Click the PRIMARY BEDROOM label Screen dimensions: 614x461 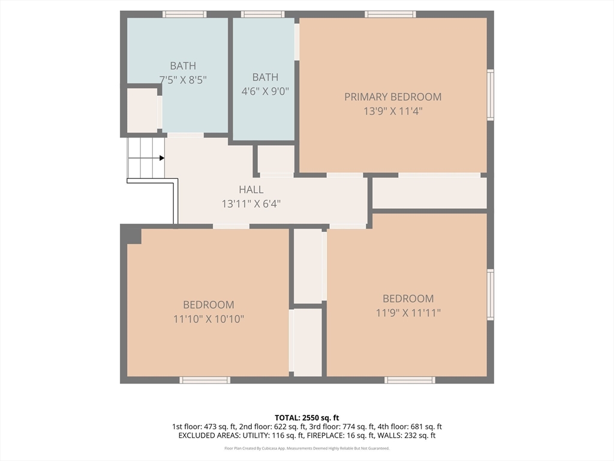click(x=393, y=97)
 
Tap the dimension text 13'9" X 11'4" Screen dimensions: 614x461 click(x=393, y=111)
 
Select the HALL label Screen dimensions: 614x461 click(x=251, y=190)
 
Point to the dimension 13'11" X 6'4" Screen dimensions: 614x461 click(x=251, y=204)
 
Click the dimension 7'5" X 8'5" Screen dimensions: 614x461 click(x=183, y=80)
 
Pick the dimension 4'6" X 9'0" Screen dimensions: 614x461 click(x=265, y=91)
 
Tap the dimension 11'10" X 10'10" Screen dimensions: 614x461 click(x=209, y=319)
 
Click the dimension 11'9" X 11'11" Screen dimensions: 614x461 click(x=408, y=313)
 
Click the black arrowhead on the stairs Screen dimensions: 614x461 click(x=162, y=158)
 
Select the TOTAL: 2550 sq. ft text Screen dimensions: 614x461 click(x=306, y=418)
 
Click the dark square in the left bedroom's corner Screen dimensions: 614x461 click(x=134, y=237)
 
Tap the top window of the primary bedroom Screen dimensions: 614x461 click(x=390, y=14)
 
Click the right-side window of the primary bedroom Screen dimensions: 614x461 click(x=490, y=95)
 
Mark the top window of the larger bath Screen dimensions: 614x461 click(x=185, y=14)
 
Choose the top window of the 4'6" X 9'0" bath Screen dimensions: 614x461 click(x=263, y=14)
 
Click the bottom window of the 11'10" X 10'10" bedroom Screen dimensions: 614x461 click(x=205, y=380)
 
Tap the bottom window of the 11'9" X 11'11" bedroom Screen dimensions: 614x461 click(x=410, y=380)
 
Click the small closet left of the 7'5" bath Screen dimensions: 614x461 click(x=142, y=110)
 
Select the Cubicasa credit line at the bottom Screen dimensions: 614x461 click(x=306, y=448)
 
